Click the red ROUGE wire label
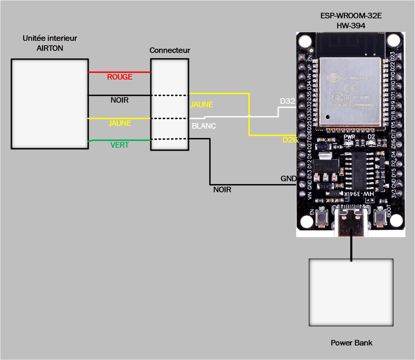coord(120,77)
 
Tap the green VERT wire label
coord(120,145)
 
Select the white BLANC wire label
coord(204,126)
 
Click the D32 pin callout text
coord(287,101)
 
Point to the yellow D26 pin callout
coord(290,140)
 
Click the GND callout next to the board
coord(288,178)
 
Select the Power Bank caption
coord(351,343)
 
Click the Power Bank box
coord(351,293)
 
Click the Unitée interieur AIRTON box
coord(50,104)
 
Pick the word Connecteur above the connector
coord(170,50)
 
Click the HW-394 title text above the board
coord(351,25)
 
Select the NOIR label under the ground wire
coord(222,190)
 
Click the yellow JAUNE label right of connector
coord(202,104)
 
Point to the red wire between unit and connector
coord(120,72)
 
